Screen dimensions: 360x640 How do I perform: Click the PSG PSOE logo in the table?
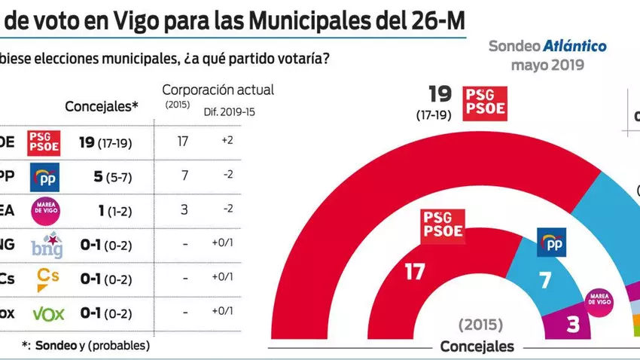(x=43, y=142)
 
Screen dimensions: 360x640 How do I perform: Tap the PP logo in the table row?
(x=43, y=178)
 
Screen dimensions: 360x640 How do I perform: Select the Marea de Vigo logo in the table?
(x=43, y=211)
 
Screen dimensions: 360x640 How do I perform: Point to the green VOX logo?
(x=46, y=313)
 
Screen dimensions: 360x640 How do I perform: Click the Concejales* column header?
(x=102, y=106)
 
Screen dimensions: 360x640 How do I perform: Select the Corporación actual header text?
(x=218, y=90)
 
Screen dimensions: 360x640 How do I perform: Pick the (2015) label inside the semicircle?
(x=479, y=325)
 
